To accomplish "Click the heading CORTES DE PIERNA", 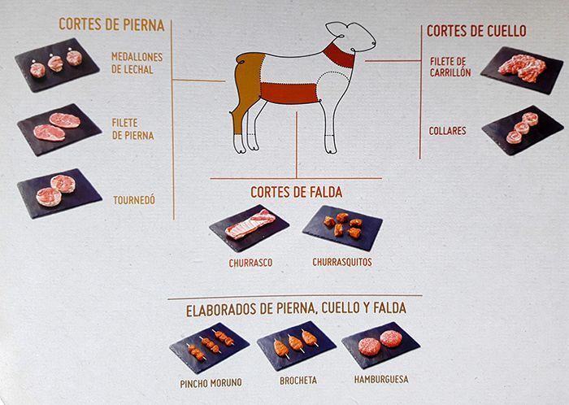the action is pos(111,24).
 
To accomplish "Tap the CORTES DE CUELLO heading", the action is pos(476,31).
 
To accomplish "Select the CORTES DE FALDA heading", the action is pos(296,193).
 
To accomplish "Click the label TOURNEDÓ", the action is pos(134,200).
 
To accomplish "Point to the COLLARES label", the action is pos(447,131).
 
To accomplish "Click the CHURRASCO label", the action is pos(250,263).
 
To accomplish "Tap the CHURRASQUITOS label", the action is pos(342,262).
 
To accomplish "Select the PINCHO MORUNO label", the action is pos(211,383).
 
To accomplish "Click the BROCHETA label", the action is pos(298,381).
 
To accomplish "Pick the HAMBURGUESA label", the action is pos(381,379).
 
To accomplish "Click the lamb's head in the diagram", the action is pos(351,37).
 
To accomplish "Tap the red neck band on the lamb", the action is pos(339,55).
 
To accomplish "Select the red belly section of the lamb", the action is pos(289,93).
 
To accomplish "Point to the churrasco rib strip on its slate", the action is pos(250,224).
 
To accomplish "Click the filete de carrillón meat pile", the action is pos(522,67).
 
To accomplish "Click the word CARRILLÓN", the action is pos(450,72).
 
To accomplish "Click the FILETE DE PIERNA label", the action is pos(132,129).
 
